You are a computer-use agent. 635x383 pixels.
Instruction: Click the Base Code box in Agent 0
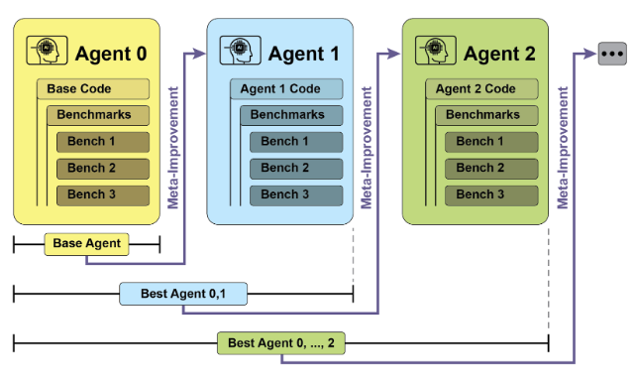coord(93,89)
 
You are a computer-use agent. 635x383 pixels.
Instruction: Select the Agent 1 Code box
coord(286,89)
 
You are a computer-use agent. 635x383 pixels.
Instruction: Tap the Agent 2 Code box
coord(481,89)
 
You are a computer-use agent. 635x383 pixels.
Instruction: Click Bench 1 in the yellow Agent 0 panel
coord(103,142)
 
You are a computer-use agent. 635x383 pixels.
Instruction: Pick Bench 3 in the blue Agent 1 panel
coord(296,195)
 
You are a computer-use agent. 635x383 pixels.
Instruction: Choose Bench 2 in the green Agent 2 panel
coord(491,169)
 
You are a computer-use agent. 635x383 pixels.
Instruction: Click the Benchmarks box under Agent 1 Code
coord(291,115)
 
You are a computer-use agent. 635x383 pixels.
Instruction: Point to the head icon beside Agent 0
coord(47,51)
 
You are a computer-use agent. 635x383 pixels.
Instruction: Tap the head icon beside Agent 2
coord(436,51)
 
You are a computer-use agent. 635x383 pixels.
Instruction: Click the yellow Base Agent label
coord(86,244)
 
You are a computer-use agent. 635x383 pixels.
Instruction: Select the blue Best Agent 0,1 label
coord(183,294)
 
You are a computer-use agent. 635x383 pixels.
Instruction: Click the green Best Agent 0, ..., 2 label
coord(281,343)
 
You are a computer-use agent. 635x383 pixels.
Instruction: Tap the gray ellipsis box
coord(612,54)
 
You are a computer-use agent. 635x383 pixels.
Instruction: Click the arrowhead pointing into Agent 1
coord(199,54)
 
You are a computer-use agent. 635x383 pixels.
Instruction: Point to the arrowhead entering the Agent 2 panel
coord(393,54)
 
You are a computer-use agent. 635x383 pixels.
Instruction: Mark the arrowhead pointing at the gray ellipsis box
coord(589,54)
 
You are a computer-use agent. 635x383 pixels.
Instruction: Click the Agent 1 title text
coord(304,54)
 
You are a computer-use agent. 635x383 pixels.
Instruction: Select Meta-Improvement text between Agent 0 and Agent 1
coord(173,148)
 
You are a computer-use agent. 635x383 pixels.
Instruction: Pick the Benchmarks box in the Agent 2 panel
coord(486,115)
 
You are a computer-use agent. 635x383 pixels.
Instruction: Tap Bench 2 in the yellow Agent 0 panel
coord(103,169)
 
